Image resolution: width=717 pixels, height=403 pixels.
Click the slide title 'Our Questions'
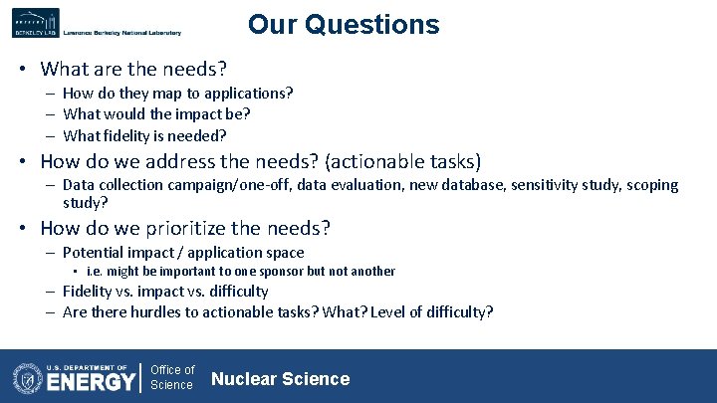tap(344, 24)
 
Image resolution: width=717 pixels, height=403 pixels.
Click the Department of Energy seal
tap(27, 379)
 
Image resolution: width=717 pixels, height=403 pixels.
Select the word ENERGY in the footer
tap(92, 381)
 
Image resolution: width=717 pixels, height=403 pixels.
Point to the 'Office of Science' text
tap(172, 377)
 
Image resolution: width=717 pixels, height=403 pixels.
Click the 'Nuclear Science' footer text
tap(281, 378)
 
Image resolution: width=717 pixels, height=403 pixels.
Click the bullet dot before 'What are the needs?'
tap(21, 70)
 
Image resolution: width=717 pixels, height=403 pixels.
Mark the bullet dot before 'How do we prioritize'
tap(21, 229)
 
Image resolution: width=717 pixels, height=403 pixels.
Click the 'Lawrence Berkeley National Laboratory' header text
tap(121, 33)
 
